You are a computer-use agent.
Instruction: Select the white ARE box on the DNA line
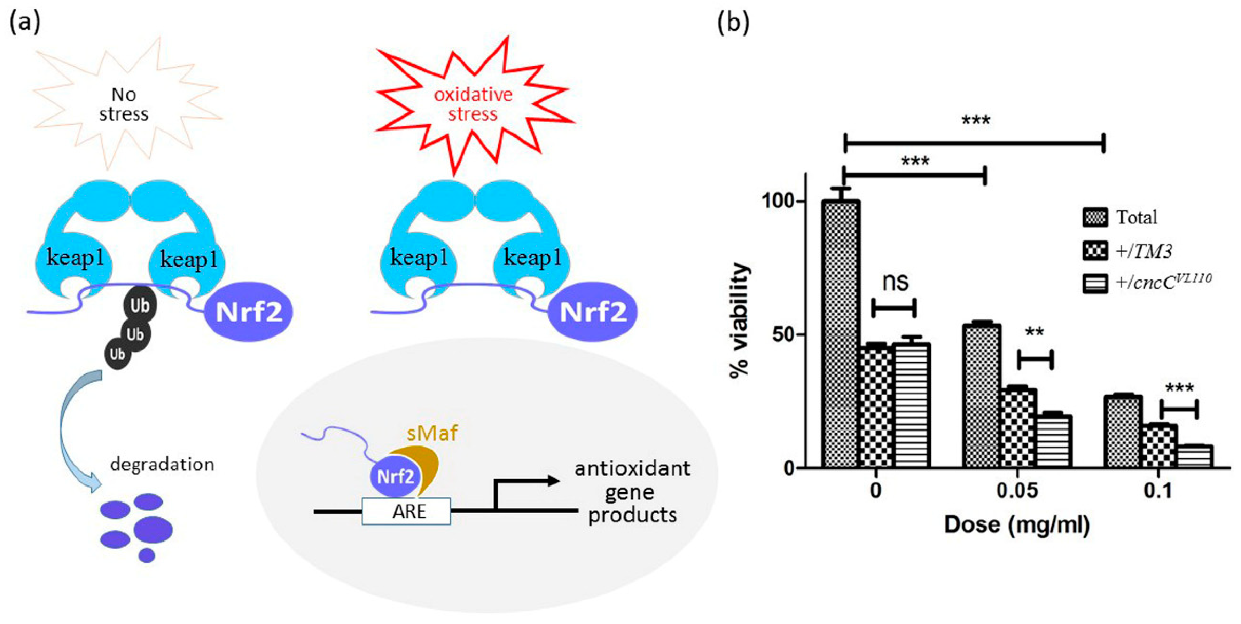pyautogui.click(x=406, y=511)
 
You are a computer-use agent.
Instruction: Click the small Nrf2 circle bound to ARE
pyautogui.click(x=395, y=477)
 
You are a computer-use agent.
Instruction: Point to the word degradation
pyautogui.click(x=162, y=465)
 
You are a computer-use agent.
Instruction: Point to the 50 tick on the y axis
pyautogui.click(x=783, y=335)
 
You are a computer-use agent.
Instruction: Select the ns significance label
pyautogui.click(x=895, y=282)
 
